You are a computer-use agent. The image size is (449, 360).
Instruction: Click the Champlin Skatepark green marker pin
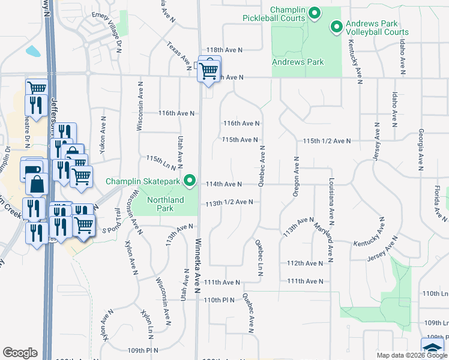point(190,180)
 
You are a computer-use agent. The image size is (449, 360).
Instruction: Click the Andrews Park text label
point(298,62)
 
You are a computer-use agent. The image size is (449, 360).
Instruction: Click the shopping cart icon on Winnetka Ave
point(209,70)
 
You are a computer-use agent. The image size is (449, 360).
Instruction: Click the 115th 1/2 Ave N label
point(327,140)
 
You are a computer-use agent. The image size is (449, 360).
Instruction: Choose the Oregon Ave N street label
point(296,176)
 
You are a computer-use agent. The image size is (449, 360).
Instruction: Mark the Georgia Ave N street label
point(421,150)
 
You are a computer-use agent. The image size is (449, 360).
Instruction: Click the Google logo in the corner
point(20,353)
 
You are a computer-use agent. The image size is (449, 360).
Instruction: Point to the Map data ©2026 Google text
point(411,355)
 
